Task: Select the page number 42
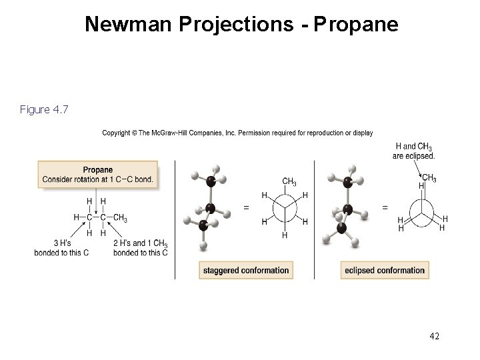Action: (434, 337)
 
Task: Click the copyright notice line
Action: (237, 133)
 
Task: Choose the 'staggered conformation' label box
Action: (245, 270)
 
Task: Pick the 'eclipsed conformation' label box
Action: (385, 270)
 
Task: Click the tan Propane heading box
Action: (97, 174)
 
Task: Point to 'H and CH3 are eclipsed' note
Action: (415, 151)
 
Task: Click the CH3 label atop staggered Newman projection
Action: (289, 181)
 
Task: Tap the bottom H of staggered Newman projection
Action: (285, 235)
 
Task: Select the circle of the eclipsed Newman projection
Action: (421, 211)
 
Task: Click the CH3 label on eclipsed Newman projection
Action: (429, 177)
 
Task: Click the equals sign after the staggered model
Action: (246, 207)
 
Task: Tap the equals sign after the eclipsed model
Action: (385, 207)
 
